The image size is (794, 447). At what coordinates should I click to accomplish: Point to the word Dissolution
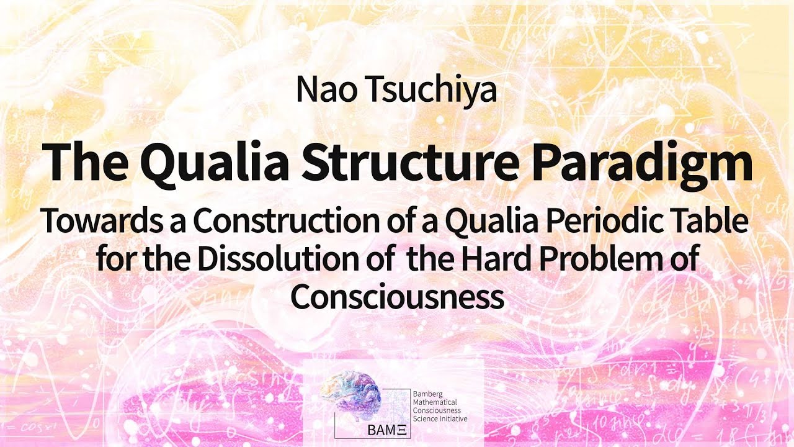267,259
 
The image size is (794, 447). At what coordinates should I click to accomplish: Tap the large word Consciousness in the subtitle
397,297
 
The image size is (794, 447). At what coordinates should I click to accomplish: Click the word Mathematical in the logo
434,402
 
